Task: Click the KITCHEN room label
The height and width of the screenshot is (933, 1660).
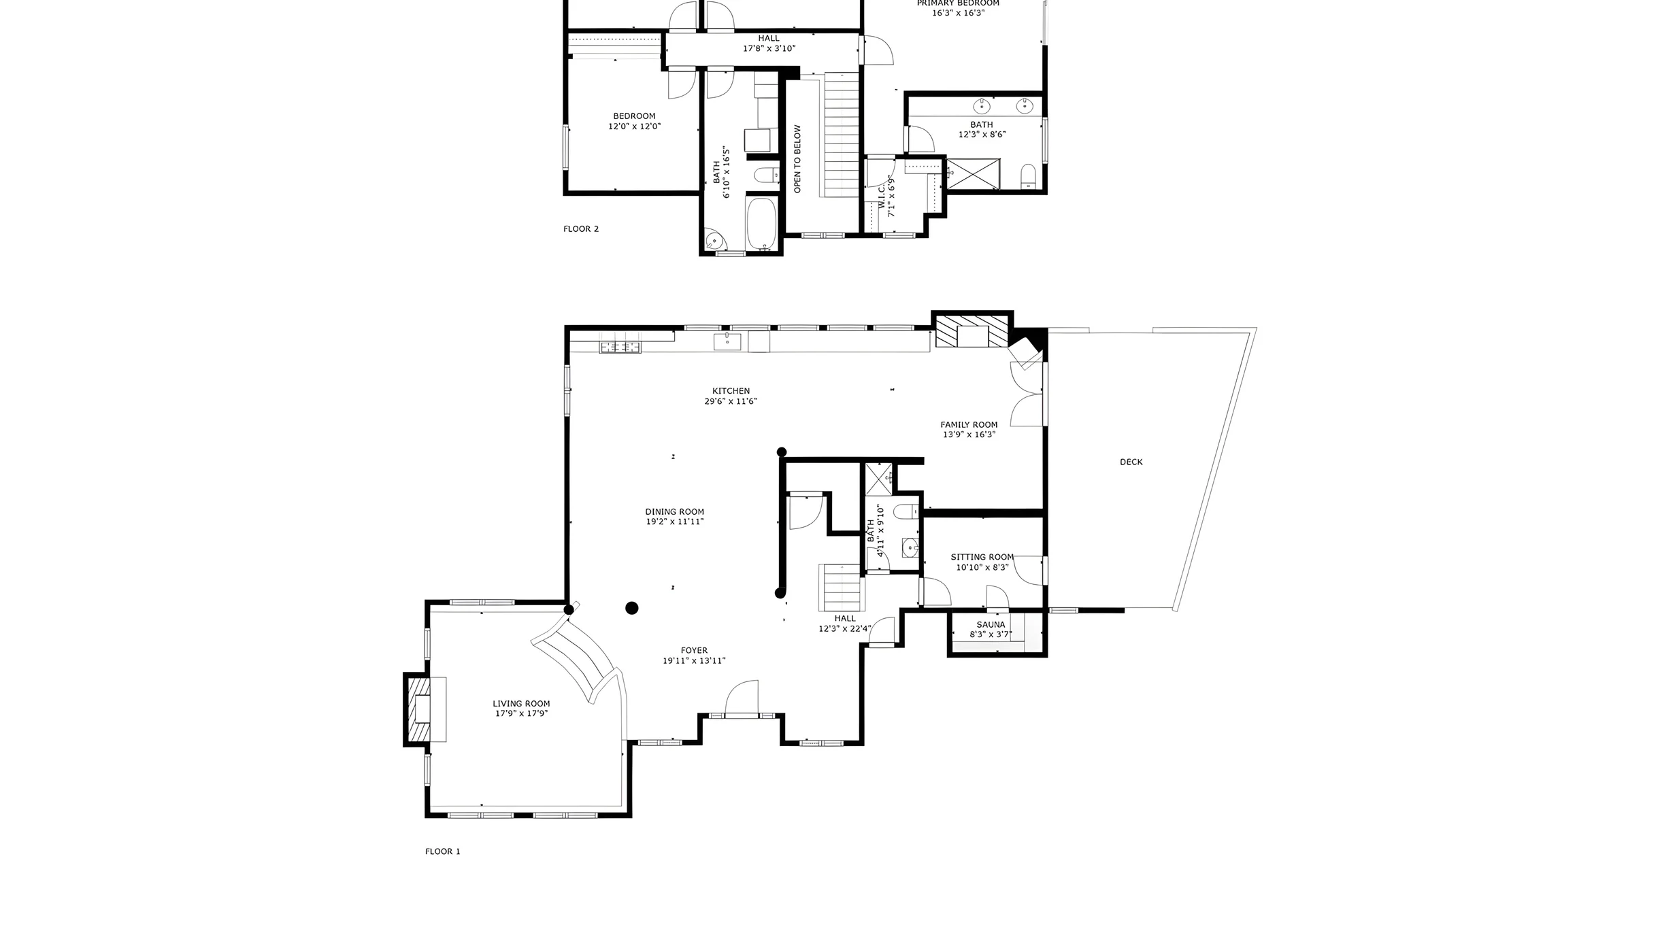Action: (731, 391)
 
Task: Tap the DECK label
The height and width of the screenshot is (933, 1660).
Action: (1131, 462)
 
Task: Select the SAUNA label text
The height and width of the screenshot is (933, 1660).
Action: (991, 624)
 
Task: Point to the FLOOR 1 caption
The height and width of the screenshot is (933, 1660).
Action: (443, 851)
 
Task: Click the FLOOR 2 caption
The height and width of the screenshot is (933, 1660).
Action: (581, 229)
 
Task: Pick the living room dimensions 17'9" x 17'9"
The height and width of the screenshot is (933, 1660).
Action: (522, 713)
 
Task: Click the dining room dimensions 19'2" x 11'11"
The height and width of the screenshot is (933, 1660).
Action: (675, 522)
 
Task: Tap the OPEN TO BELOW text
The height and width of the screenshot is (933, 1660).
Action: (797, 159)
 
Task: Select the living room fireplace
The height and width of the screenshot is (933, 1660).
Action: (425, 710)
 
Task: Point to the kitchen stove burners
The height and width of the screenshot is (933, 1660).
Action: (620, 347)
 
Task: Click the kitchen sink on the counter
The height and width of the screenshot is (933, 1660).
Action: (727, 341)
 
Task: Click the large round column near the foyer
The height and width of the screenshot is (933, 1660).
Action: (632, 608)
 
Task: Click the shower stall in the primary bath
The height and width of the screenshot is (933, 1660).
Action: (974, 174)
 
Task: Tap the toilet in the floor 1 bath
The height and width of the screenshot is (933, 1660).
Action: (907, 511)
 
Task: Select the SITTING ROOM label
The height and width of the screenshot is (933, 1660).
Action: (982, 557)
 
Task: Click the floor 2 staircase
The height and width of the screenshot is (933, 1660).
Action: (842, 135)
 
